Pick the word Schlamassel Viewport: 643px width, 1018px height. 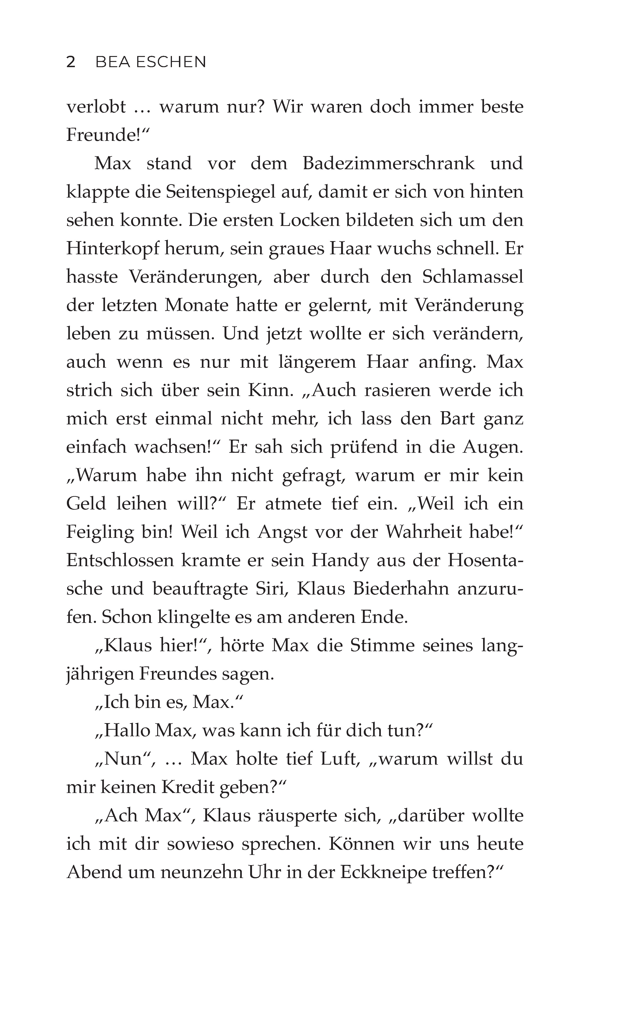(473, 277)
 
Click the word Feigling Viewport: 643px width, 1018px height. (100, 533)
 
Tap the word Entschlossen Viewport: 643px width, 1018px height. (120, 561)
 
